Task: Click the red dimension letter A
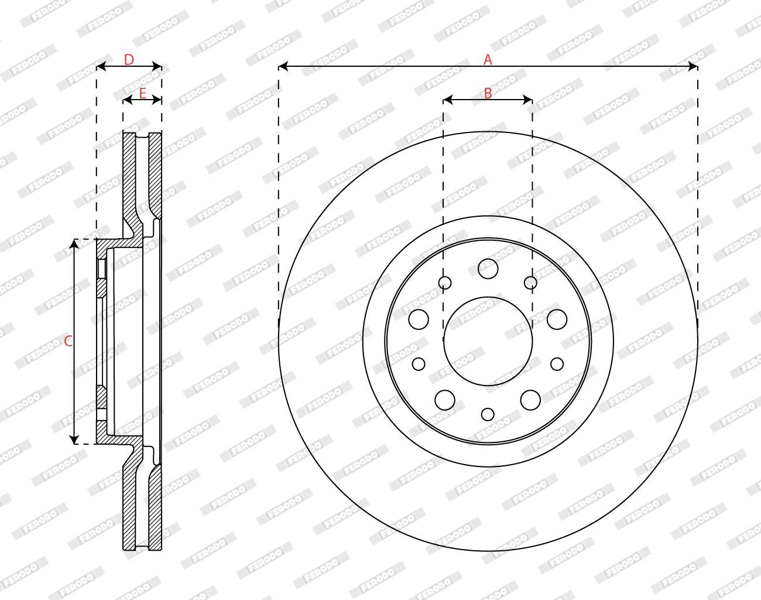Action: [488, 59]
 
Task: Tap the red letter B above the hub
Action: [488, 93]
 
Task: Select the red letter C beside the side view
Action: [68, 341]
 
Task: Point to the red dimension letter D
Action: [129, 60]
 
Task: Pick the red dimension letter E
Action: [142, 93]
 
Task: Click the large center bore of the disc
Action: [488, 341]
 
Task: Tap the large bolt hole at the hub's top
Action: [488, 269]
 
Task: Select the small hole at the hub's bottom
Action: [488, 414]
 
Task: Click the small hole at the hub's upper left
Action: [445, 282]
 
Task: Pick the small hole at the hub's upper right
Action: [530, 282]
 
